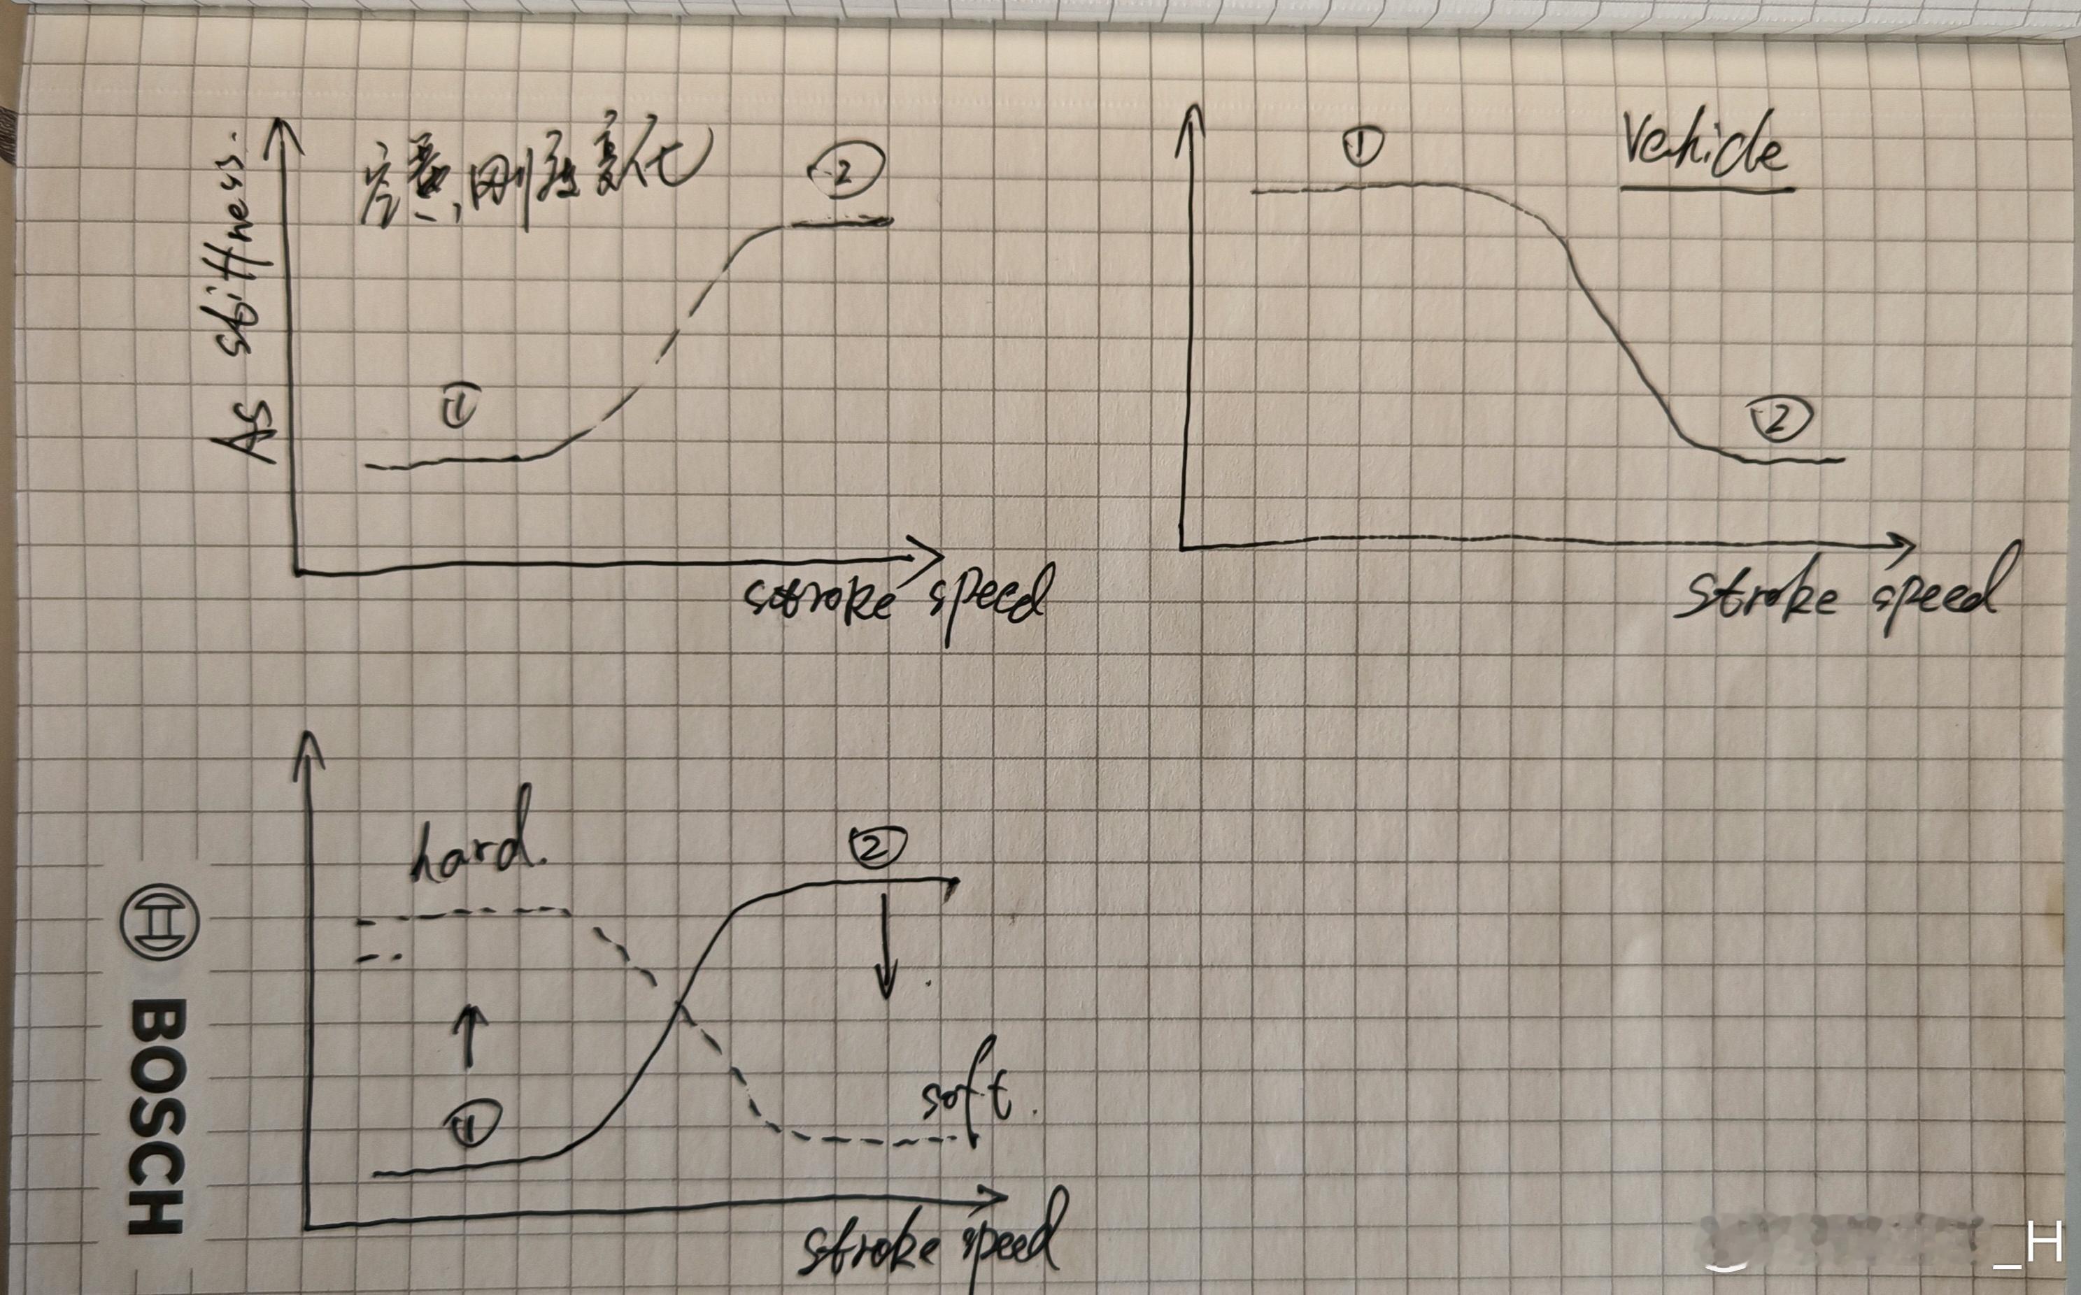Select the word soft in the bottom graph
[x=964, y=1096]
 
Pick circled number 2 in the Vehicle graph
[x=1780, y=420]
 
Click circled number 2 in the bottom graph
[x=876, y=848]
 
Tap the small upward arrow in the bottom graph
[x=469, y=1036]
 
